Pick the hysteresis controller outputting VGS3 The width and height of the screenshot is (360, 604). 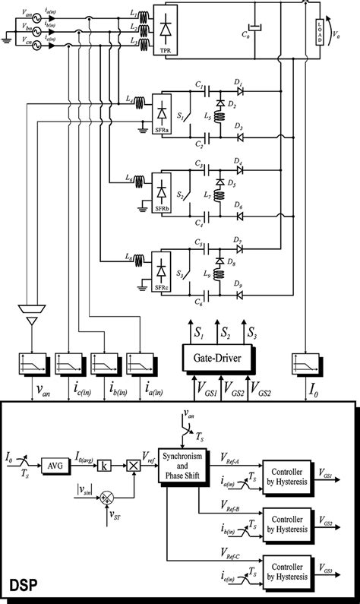(287, 568)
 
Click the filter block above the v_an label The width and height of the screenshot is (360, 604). (33, 362)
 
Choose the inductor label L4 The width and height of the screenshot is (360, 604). (131, 100)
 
